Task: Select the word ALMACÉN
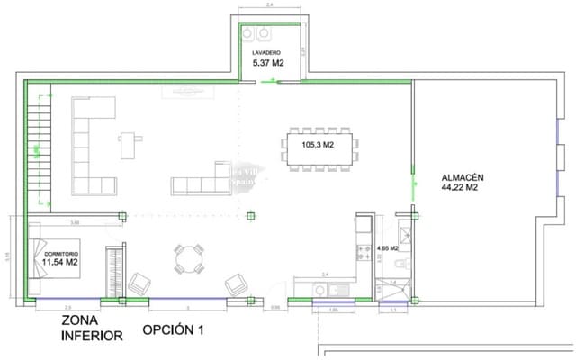(459, 177)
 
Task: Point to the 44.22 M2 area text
(459, 189)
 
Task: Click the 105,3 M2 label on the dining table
(317, 144)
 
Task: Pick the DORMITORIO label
(61, 254)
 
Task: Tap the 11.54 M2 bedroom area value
(61, 264)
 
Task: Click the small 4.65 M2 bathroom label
(389, 247)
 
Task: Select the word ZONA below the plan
(80, 321)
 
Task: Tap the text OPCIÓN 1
(173, 330)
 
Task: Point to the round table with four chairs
(189, 260)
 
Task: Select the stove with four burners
(364, 254)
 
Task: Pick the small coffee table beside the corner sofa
(133, 145)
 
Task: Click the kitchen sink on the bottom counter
(338, 288)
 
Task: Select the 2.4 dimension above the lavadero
(270, 6)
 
